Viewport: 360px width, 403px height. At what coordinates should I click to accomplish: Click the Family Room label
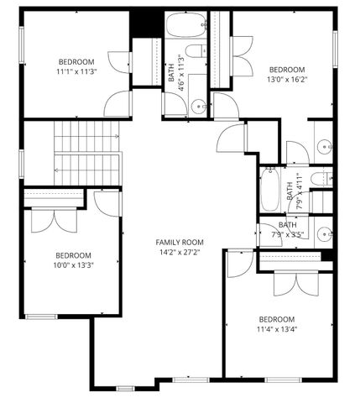[180, 242]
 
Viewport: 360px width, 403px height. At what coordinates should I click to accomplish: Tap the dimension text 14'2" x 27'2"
[180, 252]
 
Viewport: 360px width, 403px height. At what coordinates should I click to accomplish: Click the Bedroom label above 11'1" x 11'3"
[76, 62]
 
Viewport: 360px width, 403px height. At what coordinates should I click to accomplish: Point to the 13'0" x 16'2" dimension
[287, 81]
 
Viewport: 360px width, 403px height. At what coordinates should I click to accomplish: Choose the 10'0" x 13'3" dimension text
[74, 267]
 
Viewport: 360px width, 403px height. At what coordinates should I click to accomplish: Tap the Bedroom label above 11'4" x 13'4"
[277, 319]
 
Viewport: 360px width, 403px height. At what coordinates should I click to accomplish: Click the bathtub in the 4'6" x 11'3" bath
[185, 25]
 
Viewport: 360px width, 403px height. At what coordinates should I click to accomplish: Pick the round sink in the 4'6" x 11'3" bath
[198, 106]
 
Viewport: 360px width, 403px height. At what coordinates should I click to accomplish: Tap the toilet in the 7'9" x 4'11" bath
[321, 180]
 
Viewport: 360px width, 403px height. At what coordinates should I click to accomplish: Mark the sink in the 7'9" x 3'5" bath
[323, 234]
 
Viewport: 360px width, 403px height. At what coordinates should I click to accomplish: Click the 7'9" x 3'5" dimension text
[288, 235]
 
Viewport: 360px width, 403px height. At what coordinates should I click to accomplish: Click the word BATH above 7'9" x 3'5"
[288, 224]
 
